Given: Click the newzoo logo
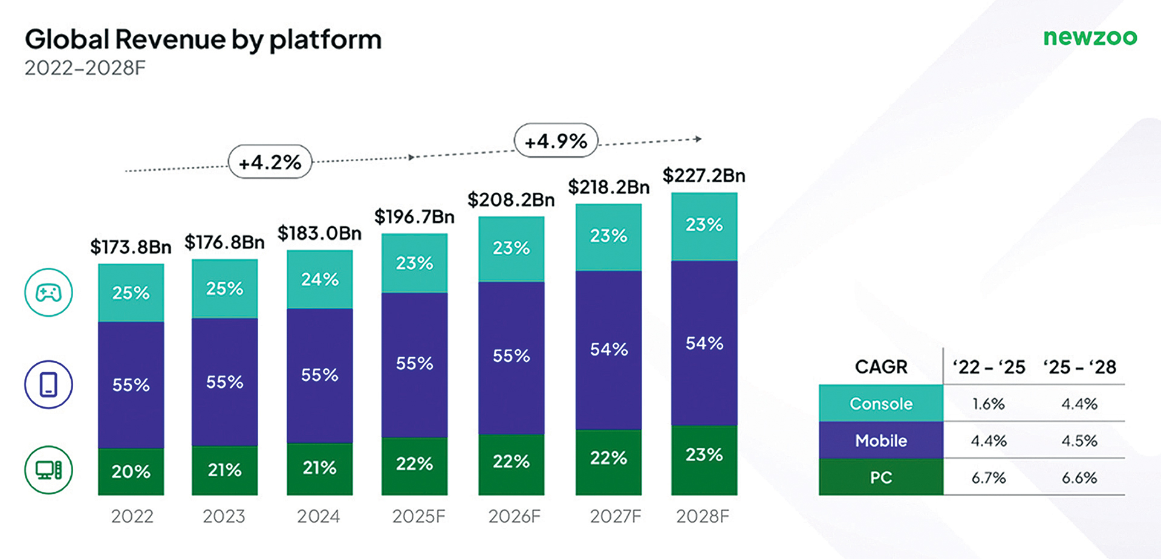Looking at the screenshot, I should [x=1090, y=37].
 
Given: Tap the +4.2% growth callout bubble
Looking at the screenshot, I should [x=270, y=162].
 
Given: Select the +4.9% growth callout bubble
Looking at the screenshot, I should [x=556, y=141].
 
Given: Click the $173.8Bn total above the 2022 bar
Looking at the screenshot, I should [x=131, y=247].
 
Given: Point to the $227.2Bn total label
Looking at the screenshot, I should [x=704, y=176].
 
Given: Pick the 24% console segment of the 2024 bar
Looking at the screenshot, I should [x=319, y=279].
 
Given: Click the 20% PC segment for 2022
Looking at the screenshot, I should [x=131, y=471].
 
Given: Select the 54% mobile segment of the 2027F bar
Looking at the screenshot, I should [x=608, y=349].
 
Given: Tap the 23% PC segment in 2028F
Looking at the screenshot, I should [x=704, y=454].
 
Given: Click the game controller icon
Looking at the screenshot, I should [x=48, y=293].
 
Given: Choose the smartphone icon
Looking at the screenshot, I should [x=48, y=385].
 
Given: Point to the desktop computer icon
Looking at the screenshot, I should [x=48, y=470].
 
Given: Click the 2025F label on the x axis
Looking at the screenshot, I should [x=418, y=517].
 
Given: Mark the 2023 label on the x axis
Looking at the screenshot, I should [x=224, y=517].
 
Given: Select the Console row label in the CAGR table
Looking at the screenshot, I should [x=880, y=404].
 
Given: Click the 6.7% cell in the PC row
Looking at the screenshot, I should [x=989, y=478].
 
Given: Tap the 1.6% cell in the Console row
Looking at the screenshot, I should [x=989, y=404].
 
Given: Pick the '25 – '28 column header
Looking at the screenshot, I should [x=1079, y=367].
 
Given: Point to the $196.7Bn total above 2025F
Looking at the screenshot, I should [x=414, y=216].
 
